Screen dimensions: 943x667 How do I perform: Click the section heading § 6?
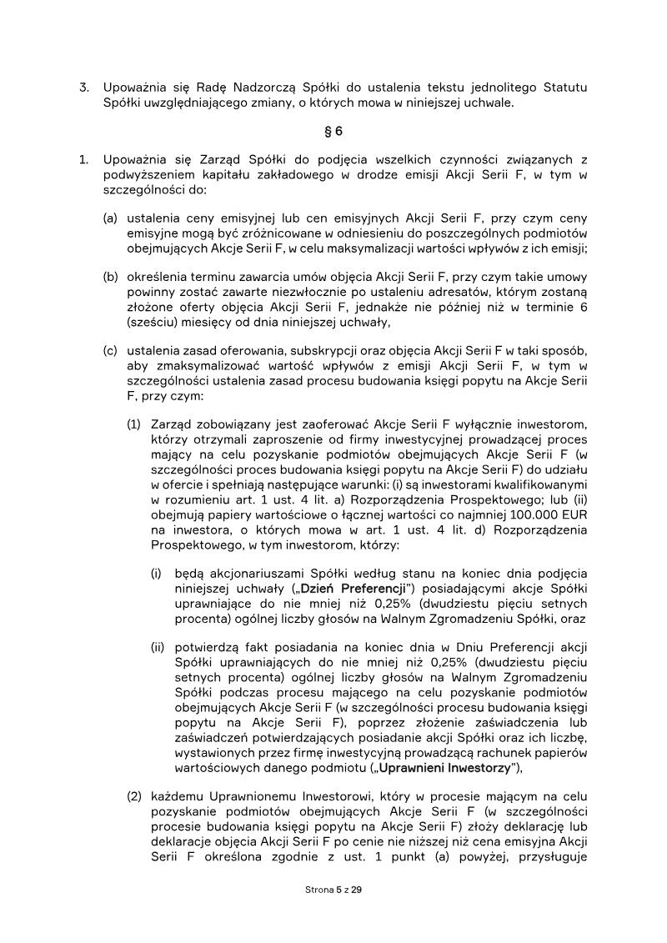tap(333, 131)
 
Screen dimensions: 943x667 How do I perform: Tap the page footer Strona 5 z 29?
tap(333, 890)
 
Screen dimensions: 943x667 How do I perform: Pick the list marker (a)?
tap(110, 218)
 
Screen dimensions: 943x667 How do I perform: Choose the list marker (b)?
tap(110, 277)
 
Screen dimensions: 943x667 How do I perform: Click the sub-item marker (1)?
tap(134, 424)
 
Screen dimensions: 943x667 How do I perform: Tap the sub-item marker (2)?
tap(134, 796)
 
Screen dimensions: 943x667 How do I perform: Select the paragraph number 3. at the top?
tap(84, 87)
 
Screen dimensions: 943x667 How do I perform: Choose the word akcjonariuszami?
tap(262, 575)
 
